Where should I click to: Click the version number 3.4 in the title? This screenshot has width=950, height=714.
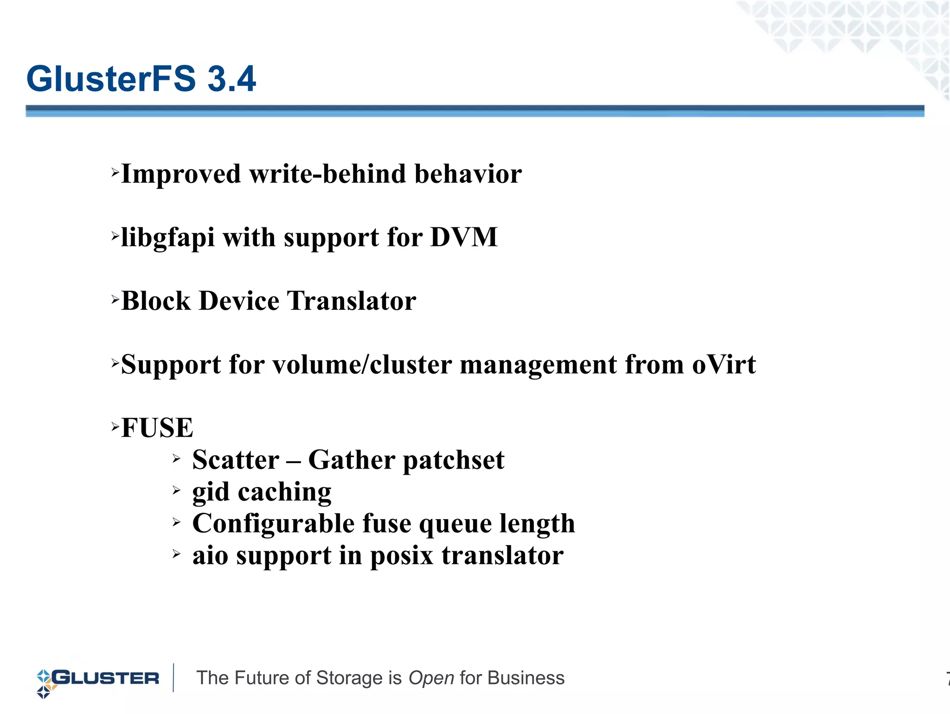pyautogui.click(x=231, y=79)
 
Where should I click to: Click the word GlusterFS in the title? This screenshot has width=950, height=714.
pyautogui.click(x=111, y=79)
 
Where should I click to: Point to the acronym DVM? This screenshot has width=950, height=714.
pyautogui.click(x=464, y=237)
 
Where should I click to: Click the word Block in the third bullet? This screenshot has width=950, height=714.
pyautogui.click(x=156, y=301)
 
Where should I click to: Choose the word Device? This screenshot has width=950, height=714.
pyautogui.click(x=239, y=301)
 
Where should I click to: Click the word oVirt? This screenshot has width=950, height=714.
pyautogui.click(x=724, y=364)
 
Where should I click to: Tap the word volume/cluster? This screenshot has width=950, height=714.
pyautogui.click(x=362, y=364)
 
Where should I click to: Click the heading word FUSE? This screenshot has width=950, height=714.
pyautogui.click(x=157, y=428)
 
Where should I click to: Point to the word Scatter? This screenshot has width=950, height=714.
pyautogui.click(x=236, y=460)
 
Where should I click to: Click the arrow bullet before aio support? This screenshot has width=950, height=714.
pyautogui.click(x=176, y=553)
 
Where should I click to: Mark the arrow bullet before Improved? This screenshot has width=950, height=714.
pyautogui.click(x=115, y=173)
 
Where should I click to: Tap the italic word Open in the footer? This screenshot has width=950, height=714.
pyautogui.click(x=431, y=678)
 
